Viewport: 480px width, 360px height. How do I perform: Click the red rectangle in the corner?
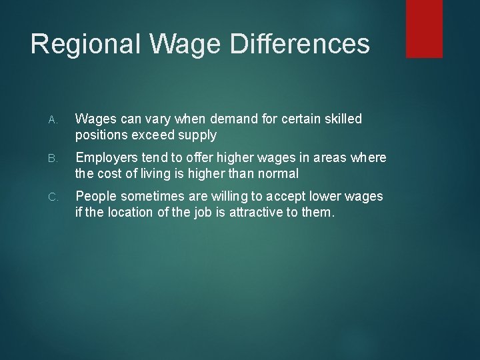pos(424,28)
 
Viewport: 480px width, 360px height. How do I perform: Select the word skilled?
pos(341,119)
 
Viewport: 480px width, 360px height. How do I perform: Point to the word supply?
pos(199,135)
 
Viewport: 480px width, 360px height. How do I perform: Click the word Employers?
pos(108,158)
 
